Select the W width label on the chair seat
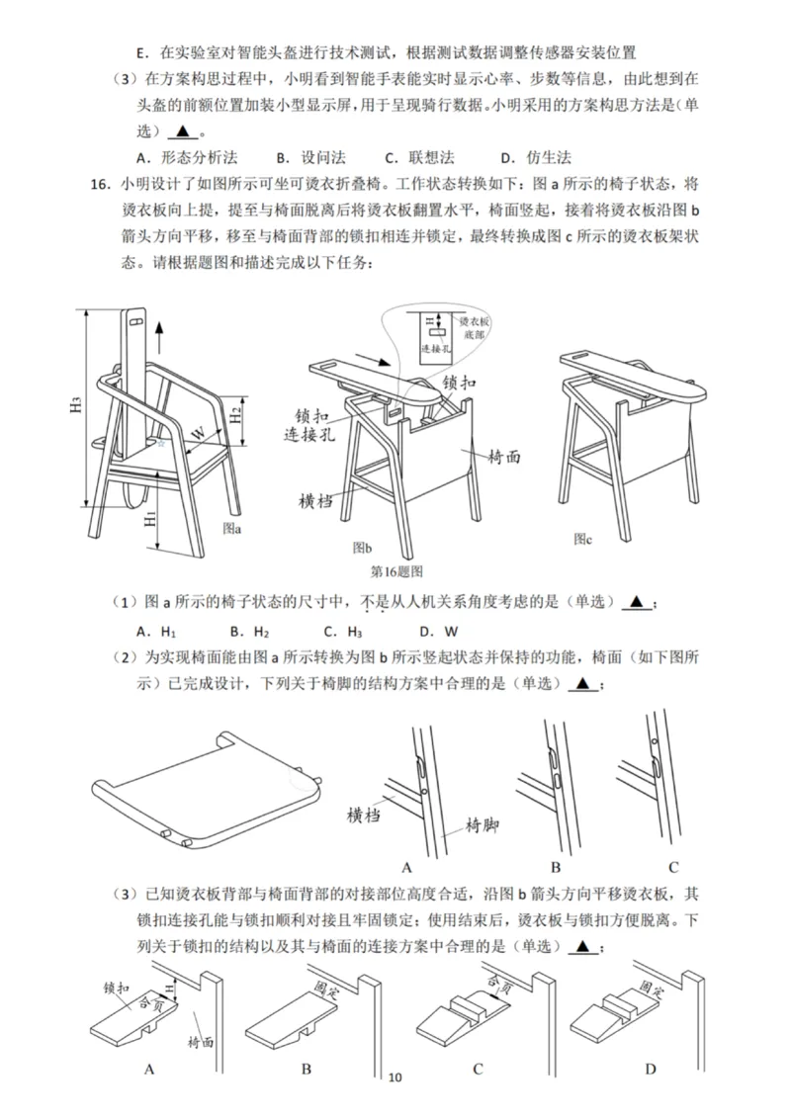pos(199,433)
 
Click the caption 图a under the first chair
pos(232,528)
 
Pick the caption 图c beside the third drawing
pos(583,539)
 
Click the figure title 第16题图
pos(395,571)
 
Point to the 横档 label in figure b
pos(314,501)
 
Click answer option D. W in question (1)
pos(439,631)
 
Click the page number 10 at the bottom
pos(396,1076)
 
